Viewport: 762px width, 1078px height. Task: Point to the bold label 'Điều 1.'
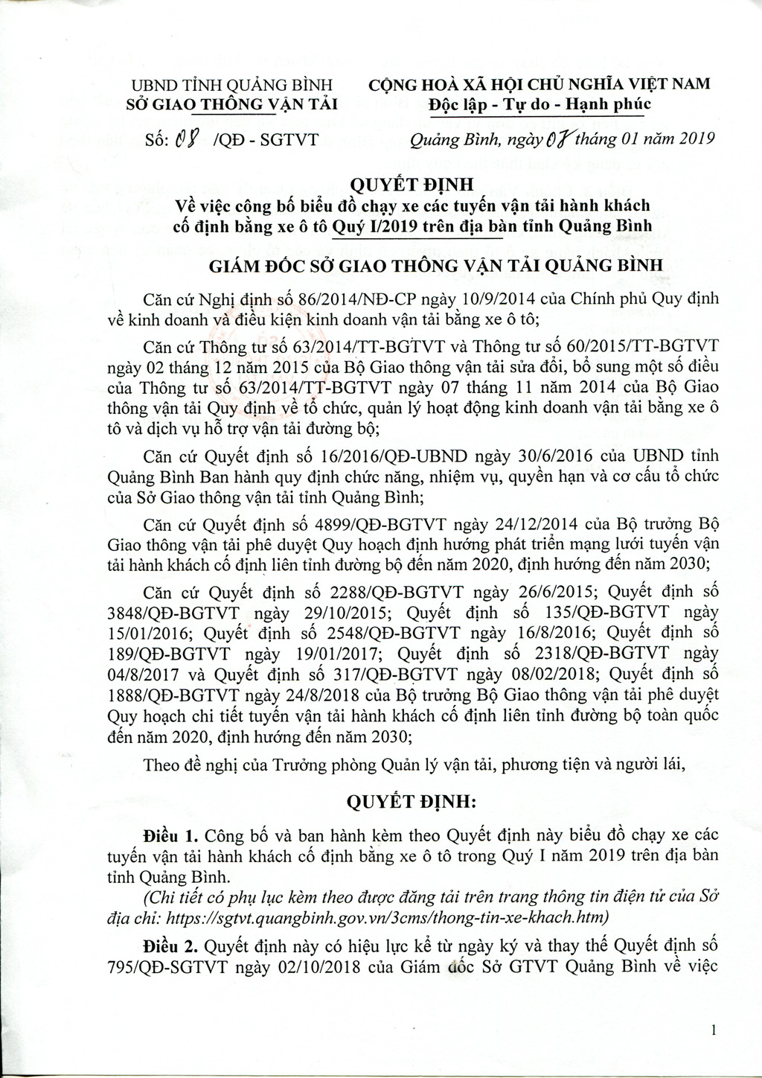pyautogui.click(x=172, y=832)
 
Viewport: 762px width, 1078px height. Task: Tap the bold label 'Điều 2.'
pyautogui.click(x=172, y=947)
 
